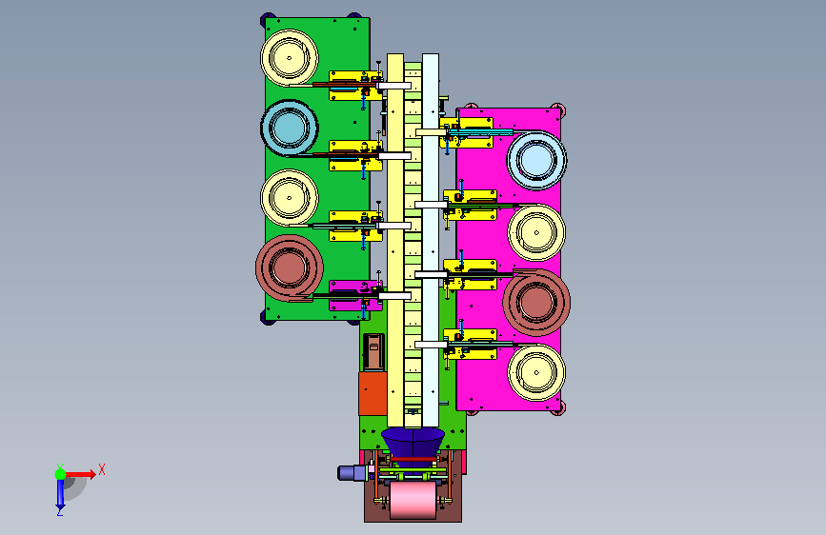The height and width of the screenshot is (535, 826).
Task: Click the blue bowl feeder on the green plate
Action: click(290, 128)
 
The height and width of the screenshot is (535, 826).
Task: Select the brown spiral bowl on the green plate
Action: click(290, 268)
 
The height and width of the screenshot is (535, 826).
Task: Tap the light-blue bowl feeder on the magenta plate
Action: click(536, 160)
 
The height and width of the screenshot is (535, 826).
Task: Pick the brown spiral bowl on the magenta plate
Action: click(536, 303)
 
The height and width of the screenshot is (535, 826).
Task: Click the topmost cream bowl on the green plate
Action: click(290, 58)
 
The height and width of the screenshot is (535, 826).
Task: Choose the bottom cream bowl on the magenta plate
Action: click(536, 372)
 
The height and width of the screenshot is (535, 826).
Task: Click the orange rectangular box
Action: click(373, 394)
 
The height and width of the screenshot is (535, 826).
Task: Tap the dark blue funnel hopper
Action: click(413, 442)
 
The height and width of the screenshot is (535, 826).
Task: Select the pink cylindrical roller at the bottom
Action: click(413, 500)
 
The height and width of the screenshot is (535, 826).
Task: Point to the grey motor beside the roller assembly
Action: click(353, 472)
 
